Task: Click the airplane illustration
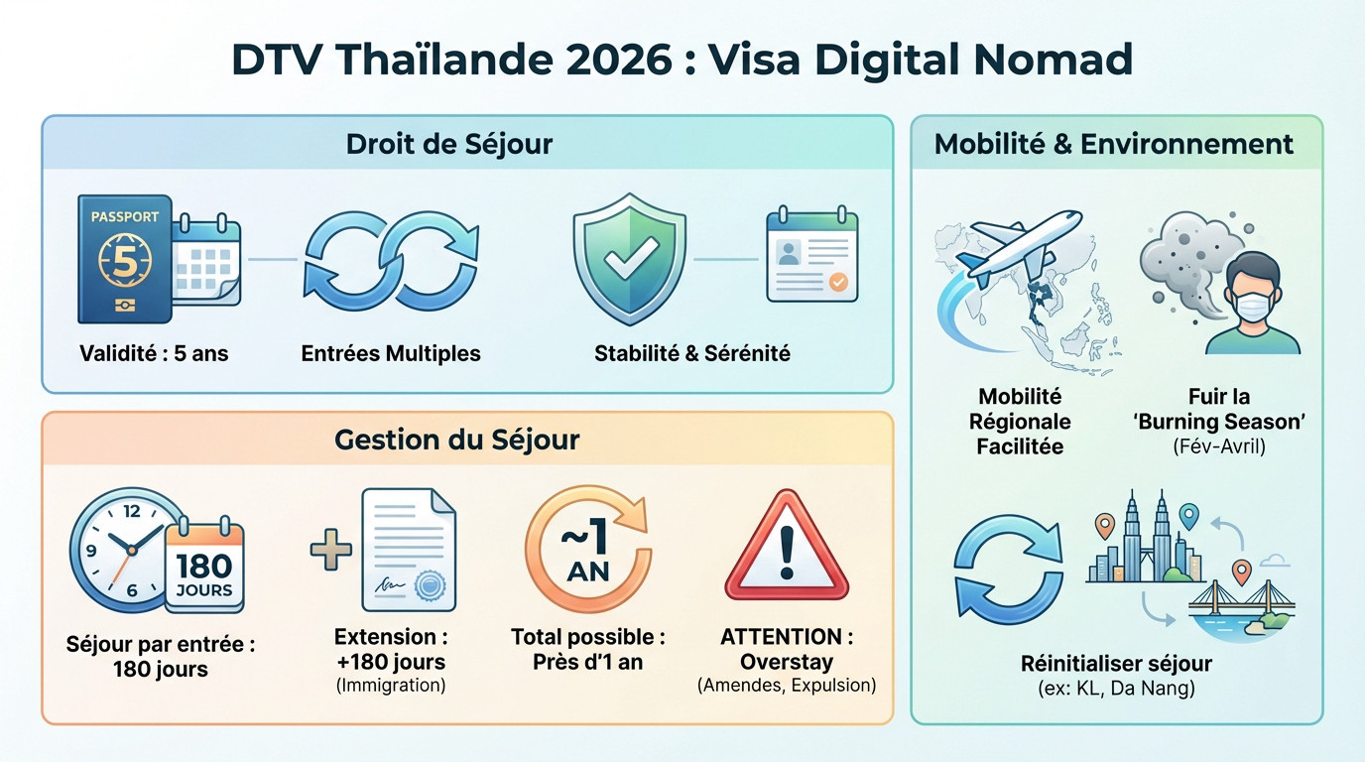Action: click(1022, 244)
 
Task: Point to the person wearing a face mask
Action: click(1252, 303)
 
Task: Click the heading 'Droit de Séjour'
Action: click(448, 144)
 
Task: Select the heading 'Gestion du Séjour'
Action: click(456, 439)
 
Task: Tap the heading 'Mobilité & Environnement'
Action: click(1114, 144)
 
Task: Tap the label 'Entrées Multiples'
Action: click(391, 353)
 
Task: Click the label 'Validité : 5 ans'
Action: click(154, 353)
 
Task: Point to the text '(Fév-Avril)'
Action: click(1218, 446)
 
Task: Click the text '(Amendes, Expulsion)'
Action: click(787, 686)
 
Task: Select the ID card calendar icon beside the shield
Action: click(811, 255)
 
